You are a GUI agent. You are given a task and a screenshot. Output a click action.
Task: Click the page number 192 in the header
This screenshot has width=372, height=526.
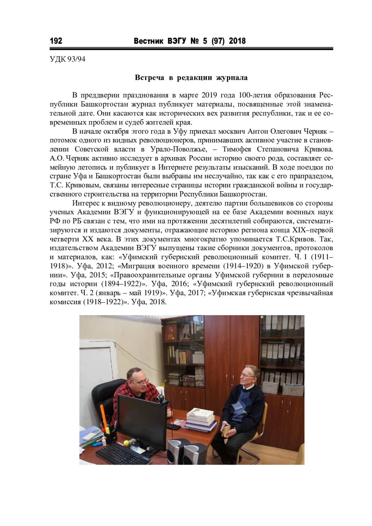click(x=56, y=41)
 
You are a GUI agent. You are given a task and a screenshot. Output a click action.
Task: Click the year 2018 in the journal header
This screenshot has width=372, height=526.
click(x=237, y=41)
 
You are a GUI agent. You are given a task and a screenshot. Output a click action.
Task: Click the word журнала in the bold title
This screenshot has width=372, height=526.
click(x=232, y=78)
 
